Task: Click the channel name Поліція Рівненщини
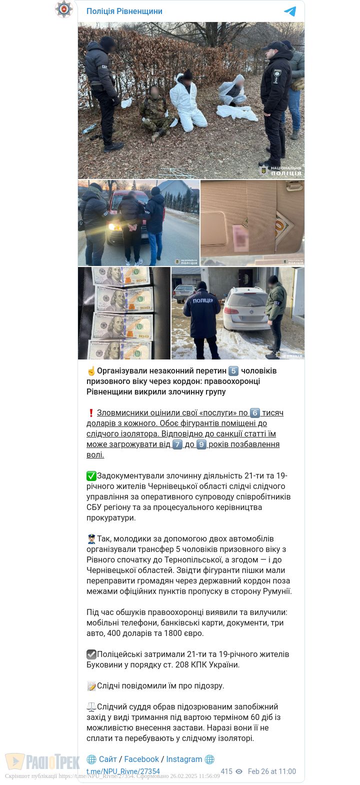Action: tap(124, 11)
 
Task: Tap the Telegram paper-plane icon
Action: tap(290, 11)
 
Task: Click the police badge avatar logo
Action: tap(64, 9)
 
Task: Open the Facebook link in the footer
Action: tap(141, 759)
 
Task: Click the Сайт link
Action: tap(107, 759)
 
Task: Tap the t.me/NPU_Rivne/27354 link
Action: tap(123, 771)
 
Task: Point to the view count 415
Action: tap(226, 771)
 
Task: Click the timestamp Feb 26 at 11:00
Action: tap(271, 771)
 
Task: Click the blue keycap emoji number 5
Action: tap(233, 371)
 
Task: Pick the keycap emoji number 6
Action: tap(255, 413)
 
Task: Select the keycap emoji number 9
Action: tap(201, 444)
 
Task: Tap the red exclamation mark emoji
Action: tap(91, 413)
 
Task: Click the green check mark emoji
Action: tap(91, 476)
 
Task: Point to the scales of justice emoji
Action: tap(91, 707)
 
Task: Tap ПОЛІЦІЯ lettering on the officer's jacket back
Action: tap(202, 300)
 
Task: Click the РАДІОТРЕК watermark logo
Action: tap(42, 762)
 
